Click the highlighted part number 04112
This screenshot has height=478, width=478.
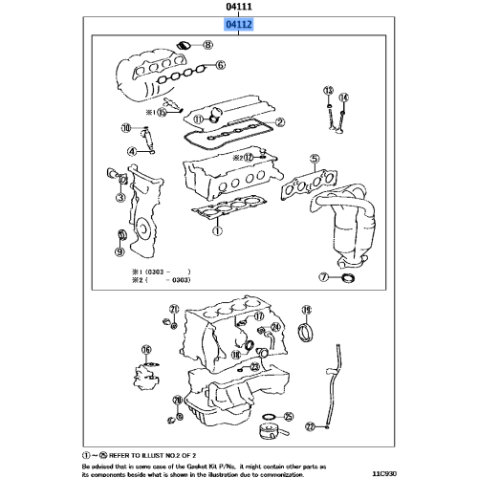[x=239, y=27]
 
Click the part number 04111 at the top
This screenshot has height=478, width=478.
[x=239, y=8]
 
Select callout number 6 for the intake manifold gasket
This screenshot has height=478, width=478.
[x=220, y=65]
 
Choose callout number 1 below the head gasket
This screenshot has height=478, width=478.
[x=217, y=230]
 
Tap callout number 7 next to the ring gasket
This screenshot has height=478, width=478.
[x=324, y=278]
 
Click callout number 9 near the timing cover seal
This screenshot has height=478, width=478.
[x=119, y=253]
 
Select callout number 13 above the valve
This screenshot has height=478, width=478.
[x=327, y=91]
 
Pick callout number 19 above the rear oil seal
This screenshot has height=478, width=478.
[x=307, y=309]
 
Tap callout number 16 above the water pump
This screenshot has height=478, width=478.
[x=146, y=350]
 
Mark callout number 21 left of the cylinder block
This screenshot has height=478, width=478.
[x=173, y=309]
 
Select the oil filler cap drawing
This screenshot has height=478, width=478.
[x=186, y=45]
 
